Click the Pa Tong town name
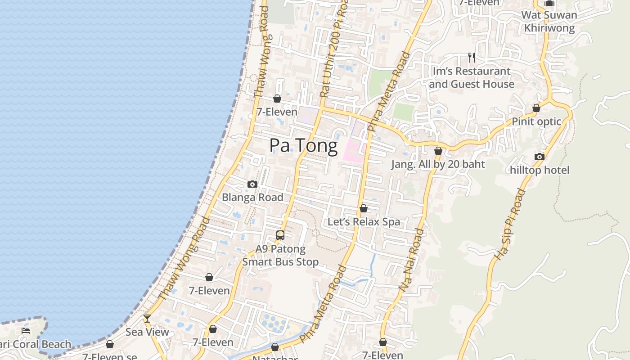(303, 146)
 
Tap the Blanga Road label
(252, 197)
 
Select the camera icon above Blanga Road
(252, 184)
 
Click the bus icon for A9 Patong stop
(280, 235)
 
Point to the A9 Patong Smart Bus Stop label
(280, 255)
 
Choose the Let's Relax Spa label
(364, 222)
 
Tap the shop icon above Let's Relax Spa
(364, 208)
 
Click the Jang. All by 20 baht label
(438, 164)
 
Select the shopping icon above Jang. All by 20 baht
(438, 151)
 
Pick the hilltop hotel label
(540, 170)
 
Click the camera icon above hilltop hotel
(540, 157)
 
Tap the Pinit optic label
(536, 121)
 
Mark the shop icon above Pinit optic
(536, 108)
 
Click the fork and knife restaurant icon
(471, 58)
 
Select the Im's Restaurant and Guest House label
(471, 77)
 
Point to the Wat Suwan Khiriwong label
(549, 21)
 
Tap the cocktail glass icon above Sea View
(147, 319)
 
